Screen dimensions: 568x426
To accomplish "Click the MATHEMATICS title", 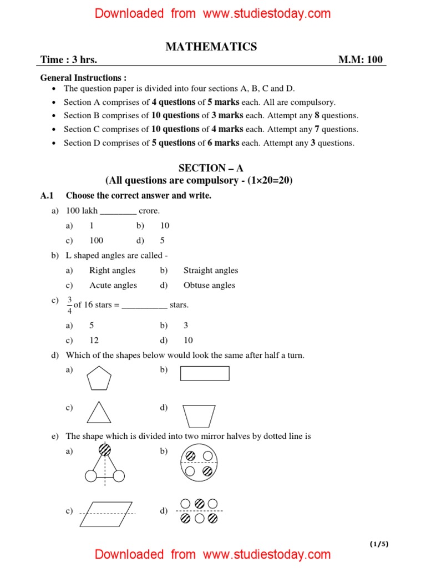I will [x=211, y=47].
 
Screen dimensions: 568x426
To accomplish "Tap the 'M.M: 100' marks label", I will [x=360, y=60].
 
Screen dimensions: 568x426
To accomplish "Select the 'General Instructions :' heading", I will [x=83, y=78].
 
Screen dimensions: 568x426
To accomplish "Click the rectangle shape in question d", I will [x=205, y=373].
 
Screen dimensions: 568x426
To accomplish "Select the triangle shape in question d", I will [x=98, y=413].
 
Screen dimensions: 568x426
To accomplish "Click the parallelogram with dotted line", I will [x=106, y=513].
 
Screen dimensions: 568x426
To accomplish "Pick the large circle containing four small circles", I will [x=199, y=463].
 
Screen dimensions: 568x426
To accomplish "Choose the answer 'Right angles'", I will [x=112, y=270].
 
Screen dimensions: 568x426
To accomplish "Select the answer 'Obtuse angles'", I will [x=209, y=285].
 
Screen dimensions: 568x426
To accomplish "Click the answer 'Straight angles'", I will [x=211, y=270].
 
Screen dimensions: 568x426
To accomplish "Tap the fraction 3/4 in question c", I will [x=69, y=305].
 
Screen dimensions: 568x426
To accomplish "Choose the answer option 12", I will [x=94, y=340].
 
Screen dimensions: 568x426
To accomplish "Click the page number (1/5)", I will [x=379, y=544].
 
